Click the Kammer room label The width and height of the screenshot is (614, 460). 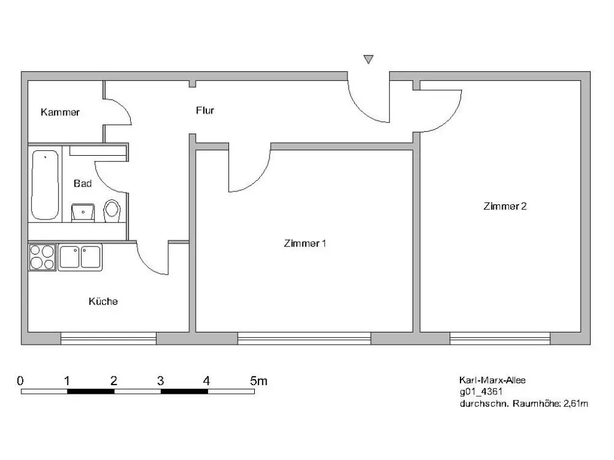[x=60, y=112]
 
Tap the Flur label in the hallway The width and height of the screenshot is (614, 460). [x=205, y=110]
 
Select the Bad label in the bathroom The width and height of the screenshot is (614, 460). [x=83, y=183]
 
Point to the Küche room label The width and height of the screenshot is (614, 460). [x=103, y=301]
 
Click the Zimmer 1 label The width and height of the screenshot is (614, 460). [x=305, y=243]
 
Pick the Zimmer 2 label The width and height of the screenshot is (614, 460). [x=505, y=206]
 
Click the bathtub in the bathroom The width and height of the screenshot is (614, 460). [x=45, y=185]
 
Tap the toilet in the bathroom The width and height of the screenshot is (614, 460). [x=112, y=211]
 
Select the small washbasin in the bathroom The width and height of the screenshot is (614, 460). [x=83, y=212]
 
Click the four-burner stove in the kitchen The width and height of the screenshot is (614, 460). [x=42, y=257]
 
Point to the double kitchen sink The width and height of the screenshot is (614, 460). [x=80, y=257]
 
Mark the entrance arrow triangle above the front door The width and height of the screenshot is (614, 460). [x=368, y=59]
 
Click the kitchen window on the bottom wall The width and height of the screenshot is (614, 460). [x=109, y=339]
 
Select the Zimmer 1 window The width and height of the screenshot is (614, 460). [x=305, y=339]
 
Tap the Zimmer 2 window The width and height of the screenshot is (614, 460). [x=500, y=339]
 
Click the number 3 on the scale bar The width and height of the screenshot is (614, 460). [x=160, y=381]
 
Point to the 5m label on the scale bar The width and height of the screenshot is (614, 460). [x=258, y=381]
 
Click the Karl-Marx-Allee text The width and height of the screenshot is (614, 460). [x=492, y=380]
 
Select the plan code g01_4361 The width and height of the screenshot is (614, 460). [x=481, y=391]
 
